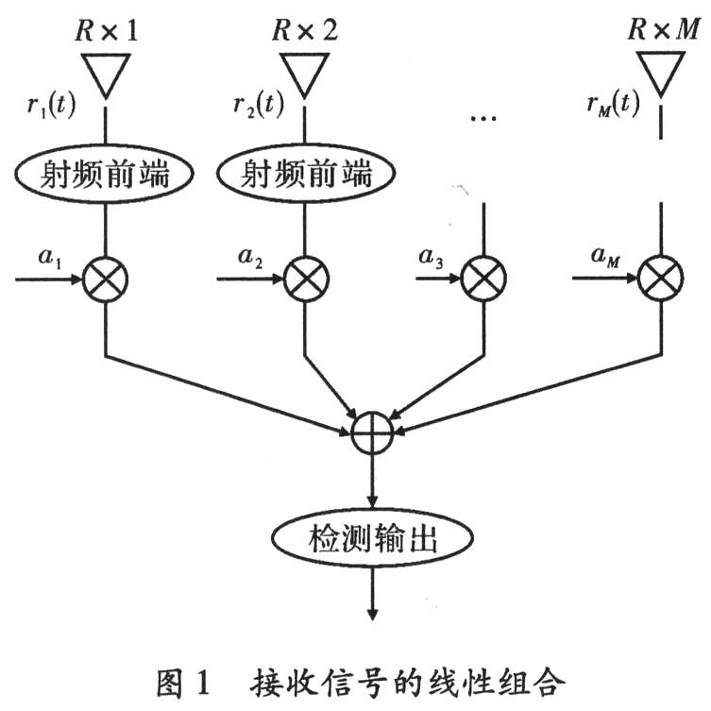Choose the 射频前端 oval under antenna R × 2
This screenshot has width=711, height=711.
click(x=305, y=174)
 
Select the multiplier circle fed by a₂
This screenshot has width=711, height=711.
click(x=305, y=279)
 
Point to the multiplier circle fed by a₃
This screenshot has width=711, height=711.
click(x=483, y=279)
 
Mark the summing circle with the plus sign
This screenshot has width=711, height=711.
click(x=372, y=433)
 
